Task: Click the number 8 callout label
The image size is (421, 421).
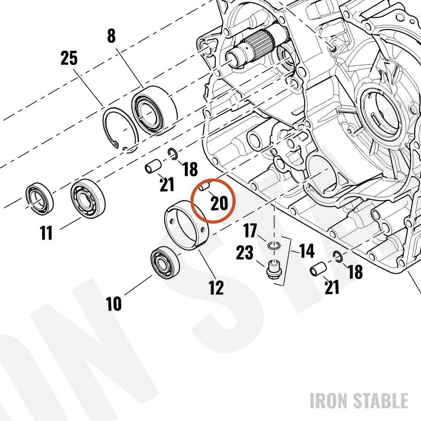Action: [x=112, y=36]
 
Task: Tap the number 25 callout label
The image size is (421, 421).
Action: [x=69, y=58]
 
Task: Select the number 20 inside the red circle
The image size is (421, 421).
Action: [x=219, y=203]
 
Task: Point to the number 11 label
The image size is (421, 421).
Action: [x=46, y=232]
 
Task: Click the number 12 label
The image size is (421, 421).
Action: [x=216, y=288]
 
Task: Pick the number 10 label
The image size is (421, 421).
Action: [x=114, y=304]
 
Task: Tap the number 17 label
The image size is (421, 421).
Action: [x=250, y=231]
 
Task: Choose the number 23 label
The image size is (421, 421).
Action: [x=245, y=253]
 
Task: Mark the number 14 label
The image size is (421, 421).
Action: [x=306, y=251]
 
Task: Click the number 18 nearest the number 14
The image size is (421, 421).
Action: [x=355, y=272]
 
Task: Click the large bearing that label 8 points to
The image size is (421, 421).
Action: [x=154, y=109]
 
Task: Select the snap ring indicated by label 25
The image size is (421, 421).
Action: [x=120, y=130]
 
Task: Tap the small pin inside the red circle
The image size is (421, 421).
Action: [x=204, y=187]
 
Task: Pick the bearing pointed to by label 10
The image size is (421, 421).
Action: [x=165, y=262]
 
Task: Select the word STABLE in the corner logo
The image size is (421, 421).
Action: [x=381, y=401]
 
